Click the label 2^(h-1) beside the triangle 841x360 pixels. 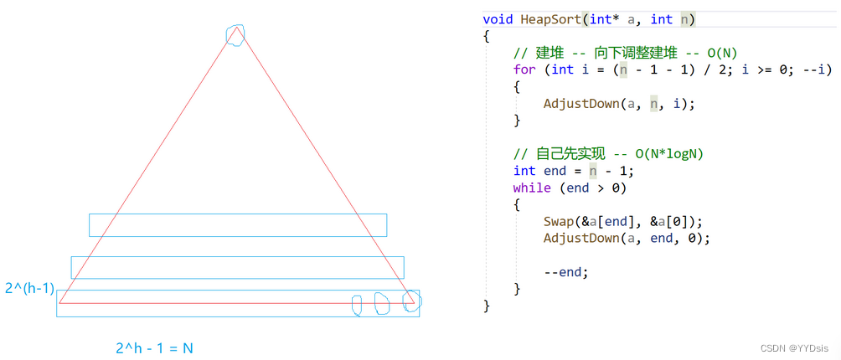point(28,289)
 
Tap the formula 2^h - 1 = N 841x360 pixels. point(154,347)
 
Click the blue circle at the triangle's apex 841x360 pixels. point(235,34)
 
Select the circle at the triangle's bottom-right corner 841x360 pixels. point(410,301)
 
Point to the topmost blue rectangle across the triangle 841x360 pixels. point(238,224)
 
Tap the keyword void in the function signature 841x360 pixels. point(498,18)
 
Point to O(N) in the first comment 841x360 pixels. point(719,53)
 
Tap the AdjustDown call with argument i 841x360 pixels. point(620,104)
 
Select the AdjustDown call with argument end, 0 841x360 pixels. point(627,239)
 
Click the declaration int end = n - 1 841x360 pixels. point(574,171)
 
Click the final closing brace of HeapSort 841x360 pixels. point(487,306)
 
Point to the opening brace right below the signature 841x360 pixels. point(487,36)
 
